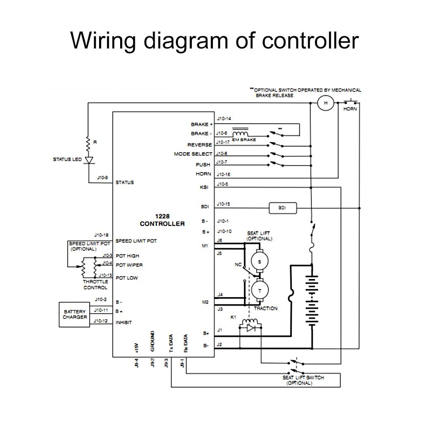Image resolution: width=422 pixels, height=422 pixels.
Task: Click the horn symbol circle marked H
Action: (325, 103)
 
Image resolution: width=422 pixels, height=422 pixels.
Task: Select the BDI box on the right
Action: (282, 208)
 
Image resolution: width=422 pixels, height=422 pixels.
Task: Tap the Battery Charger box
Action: (75, 314)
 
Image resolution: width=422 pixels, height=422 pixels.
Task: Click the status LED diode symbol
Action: (88, 160)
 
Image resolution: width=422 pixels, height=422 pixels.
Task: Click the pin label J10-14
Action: (223, 119)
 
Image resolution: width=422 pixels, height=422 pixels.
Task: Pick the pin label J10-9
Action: (102, 177)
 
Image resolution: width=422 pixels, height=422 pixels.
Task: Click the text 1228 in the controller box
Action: (162, 216)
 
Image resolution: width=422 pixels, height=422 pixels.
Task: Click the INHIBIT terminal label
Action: (124, 323)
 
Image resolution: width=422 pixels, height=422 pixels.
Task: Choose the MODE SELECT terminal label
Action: (193, 154)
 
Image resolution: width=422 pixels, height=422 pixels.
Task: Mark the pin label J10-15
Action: (223, 204)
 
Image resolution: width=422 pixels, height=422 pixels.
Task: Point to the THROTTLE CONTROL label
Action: (95, 285)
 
